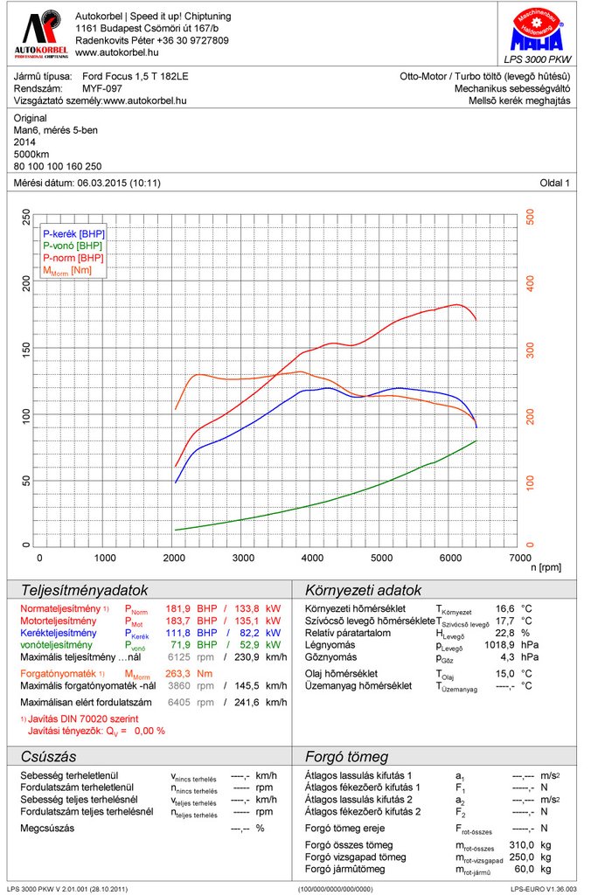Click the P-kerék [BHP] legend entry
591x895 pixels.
[x=73, y=234]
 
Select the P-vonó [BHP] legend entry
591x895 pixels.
[x=73, y=246]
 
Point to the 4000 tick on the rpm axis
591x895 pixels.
[x=312, y=558]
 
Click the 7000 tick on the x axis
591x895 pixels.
[x=519, y=558]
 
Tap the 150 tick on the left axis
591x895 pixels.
[x=25, y=350]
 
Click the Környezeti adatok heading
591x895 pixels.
[x=363, y=591]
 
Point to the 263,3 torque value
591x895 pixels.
[x=179, y=674]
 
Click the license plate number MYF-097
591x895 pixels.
[x=101, y=88]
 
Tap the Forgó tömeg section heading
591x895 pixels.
[x=345, y=757]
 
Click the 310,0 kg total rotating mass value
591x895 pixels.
[x=522, y=845]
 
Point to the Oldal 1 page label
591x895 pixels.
[x=554, y=183]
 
